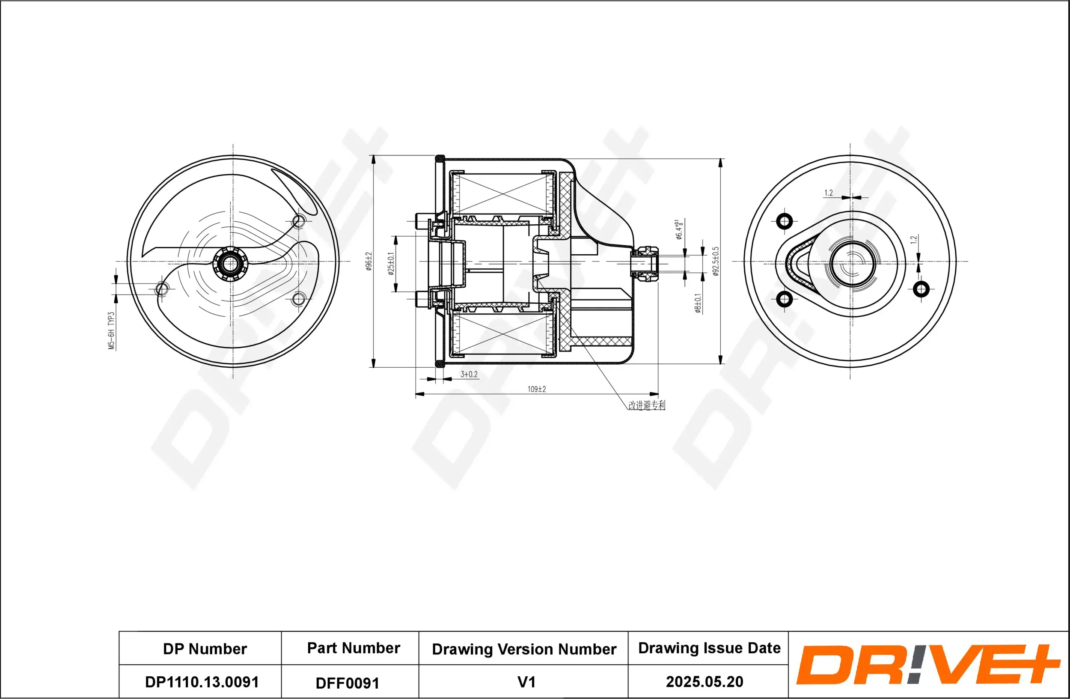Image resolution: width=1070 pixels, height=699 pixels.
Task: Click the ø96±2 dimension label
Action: (x=369, y=261)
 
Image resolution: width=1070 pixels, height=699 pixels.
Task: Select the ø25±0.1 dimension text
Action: (x=391, y=264)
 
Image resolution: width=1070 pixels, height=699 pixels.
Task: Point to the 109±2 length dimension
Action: (x=536, y=389)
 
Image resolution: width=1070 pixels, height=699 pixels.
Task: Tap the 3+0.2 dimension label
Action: (x=469, y=375)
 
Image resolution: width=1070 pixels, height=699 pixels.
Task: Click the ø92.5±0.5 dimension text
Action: (x=716, y=261)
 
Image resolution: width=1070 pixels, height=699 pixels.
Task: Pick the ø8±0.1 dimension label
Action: (x=698, y=303)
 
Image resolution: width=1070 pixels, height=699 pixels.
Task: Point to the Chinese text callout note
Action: (x=647, y=405)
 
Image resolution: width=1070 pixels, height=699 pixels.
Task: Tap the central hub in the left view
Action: (x=230, y=264)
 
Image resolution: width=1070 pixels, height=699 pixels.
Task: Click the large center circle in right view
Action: (x=852, y=264)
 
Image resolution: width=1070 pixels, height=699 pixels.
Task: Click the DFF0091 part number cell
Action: (x=348, y=683)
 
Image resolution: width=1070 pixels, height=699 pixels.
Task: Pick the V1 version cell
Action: (x=526, y=682)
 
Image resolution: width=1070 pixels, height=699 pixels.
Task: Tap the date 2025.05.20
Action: (x=704, y=681)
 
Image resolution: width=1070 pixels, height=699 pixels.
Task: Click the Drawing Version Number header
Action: (x=524, y=649)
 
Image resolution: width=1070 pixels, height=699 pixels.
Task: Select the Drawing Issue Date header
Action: (x=709, y=648)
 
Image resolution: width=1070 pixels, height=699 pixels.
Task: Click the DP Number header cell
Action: (x=205, y=648)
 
